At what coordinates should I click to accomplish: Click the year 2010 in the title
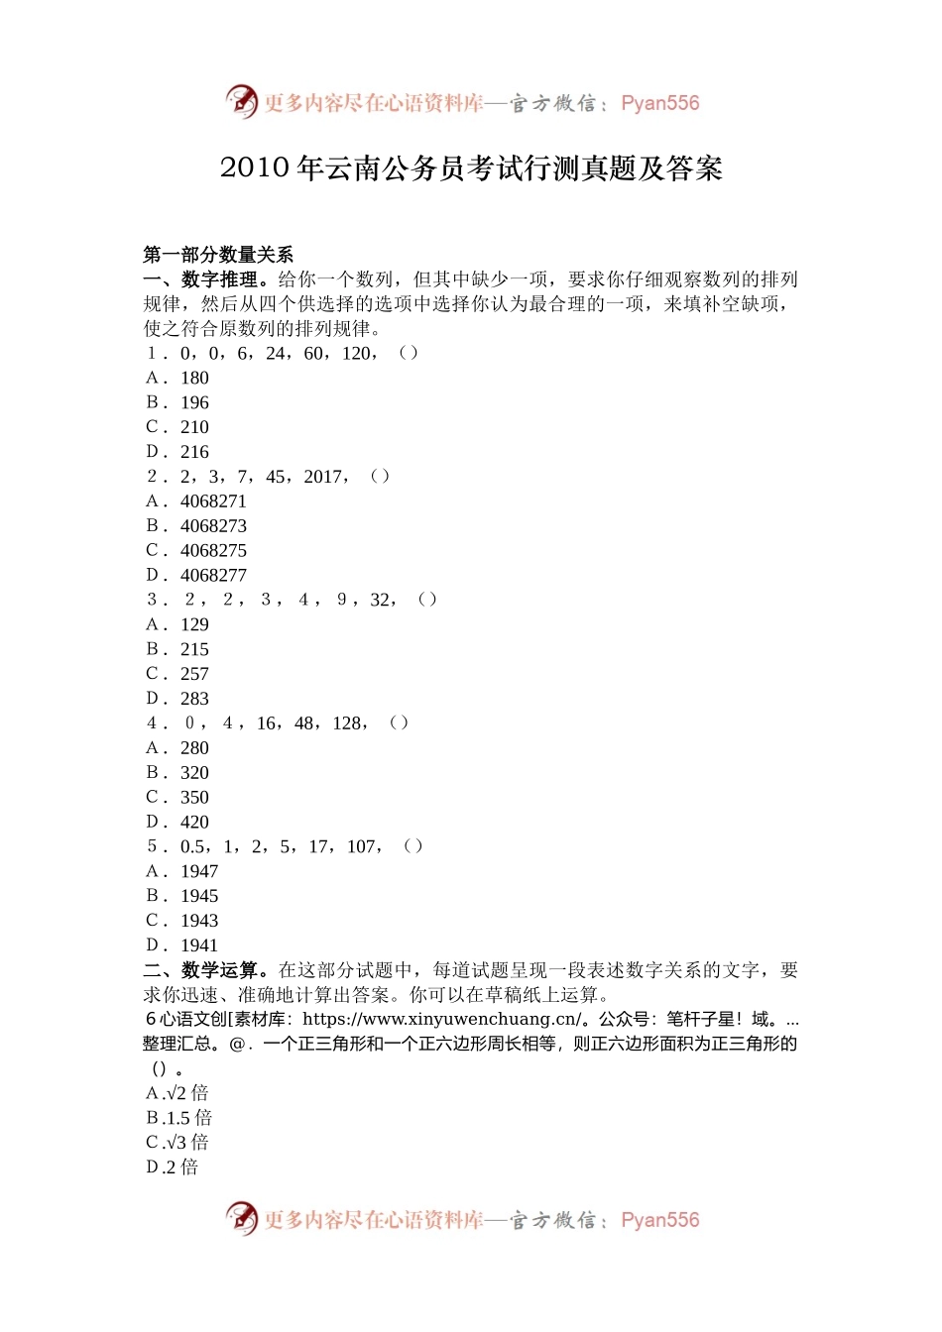tap(254, 168)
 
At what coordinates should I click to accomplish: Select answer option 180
tap(194, 378)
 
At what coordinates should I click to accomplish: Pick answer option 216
tap(194, 452)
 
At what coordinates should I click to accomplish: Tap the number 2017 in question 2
tap(324, 477)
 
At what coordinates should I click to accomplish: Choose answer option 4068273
tap(213, 526)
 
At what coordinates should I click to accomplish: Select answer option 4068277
tap(213, 576)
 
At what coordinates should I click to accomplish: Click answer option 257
tap(194, 674)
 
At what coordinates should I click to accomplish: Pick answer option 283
tap(194, 699)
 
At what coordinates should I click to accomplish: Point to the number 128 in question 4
tap(347, 723)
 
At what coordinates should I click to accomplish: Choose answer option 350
tap(194, 798)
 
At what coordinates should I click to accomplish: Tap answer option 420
tap(194, 823)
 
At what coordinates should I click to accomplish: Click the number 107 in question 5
tap(361, 846)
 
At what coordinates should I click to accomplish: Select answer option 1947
tap(198, 871)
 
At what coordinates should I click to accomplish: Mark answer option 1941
tap(198, 945)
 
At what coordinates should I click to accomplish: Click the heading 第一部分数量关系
tap(218, 255)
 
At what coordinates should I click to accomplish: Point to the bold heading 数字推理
tap(219, 279)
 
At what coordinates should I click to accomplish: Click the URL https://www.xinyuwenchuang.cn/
tap(441, 1019)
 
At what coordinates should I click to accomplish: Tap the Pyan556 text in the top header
tap(659, 103)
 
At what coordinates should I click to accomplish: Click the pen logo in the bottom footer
tap(241, 1218)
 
